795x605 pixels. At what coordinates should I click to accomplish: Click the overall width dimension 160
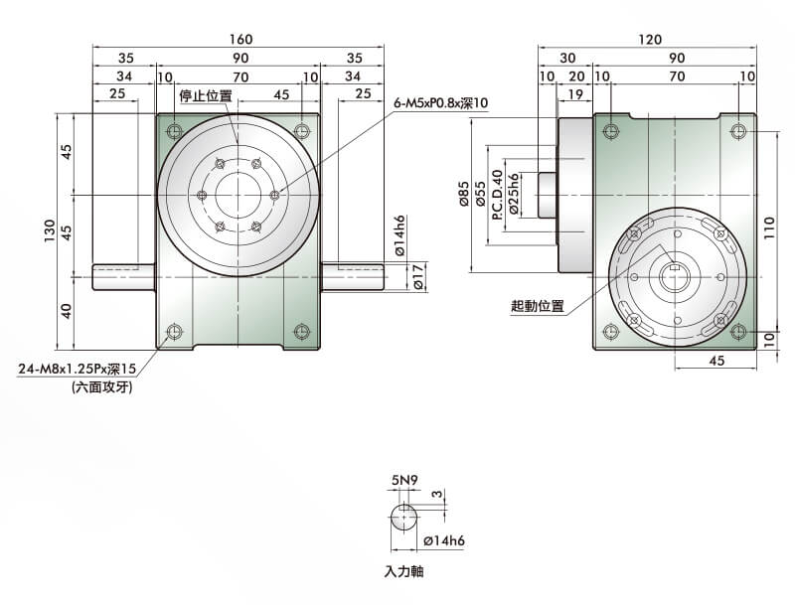pyautogui.click(x=239, y=40)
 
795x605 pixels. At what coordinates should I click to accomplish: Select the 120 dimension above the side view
pyautogui.click(x=650, y=40)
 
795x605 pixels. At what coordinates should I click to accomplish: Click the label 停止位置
pyautogui.click(x=206, y=95)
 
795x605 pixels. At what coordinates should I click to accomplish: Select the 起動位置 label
pyautogui.click(x=537, y=306)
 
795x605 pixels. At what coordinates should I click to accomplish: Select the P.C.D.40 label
pyautogui.click(x=497, y=194)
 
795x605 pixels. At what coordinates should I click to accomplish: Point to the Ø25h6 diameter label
pyautogui.click(x=513, y=194)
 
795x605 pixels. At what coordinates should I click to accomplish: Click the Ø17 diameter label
pyautogui.click(x=418, y=278)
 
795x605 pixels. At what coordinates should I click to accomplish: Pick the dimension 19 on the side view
pyautogui.click(x=573, y=94)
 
